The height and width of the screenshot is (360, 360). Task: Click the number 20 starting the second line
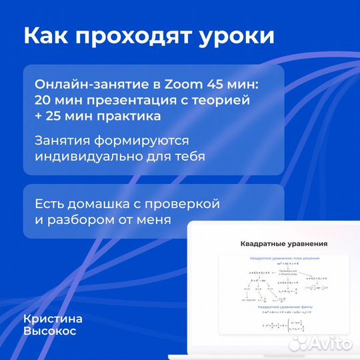[x=44, y=101]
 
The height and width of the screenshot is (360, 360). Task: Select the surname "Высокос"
[x=51, y=331]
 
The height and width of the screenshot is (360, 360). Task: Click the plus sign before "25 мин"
[x=41, y=117]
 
